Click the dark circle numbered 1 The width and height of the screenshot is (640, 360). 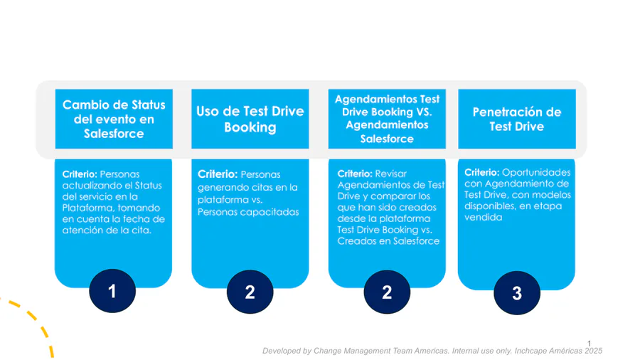point(112,292)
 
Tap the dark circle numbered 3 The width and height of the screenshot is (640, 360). point(517,293)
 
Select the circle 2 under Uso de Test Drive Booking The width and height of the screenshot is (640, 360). point(250,292)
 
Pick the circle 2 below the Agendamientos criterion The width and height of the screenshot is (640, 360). point(387,292)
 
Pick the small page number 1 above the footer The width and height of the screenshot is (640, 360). point(590,344)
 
